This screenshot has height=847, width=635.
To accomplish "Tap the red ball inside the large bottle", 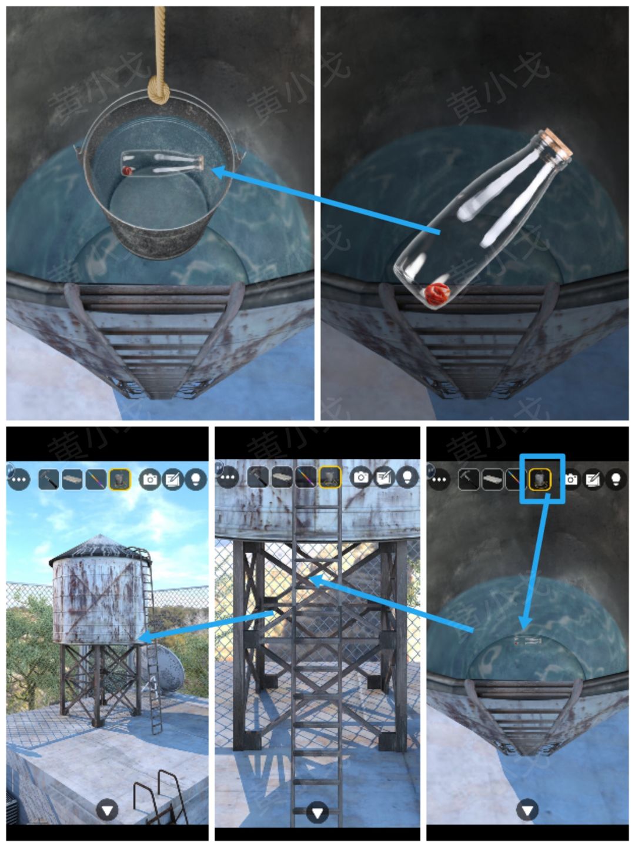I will pos(437,293).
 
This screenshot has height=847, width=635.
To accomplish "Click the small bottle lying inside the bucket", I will pos(162,163).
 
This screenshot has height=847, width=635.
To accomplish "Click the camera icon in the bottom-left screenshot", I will pos(151,479).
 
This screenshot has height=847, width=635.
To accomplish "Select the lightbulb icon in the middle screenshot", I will pos(407,477).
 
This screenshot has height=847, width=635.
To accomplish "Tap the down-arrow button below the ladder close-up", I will pos(318,813).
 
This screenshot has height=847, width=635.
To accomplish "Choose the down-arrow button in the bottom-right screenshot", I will pos(527,811).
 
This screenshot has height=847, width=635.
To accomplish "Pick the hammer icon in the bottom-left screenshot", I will pos(49,480).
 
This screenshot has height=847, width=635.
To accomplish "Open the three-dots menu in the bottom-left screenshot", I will pos(19,479).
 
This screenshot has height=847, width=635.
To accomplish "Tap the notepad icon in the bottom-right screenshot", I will pos(593,479).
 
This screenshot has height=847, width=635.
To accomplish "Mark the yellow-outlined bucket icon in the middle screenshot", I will pos(330,477).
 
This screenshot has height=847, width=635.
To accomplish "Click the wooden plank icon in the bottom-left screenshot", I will pos(73,480).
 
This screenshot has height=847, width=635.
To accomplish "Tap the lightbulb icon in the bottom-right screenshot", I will pos(616,479).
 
